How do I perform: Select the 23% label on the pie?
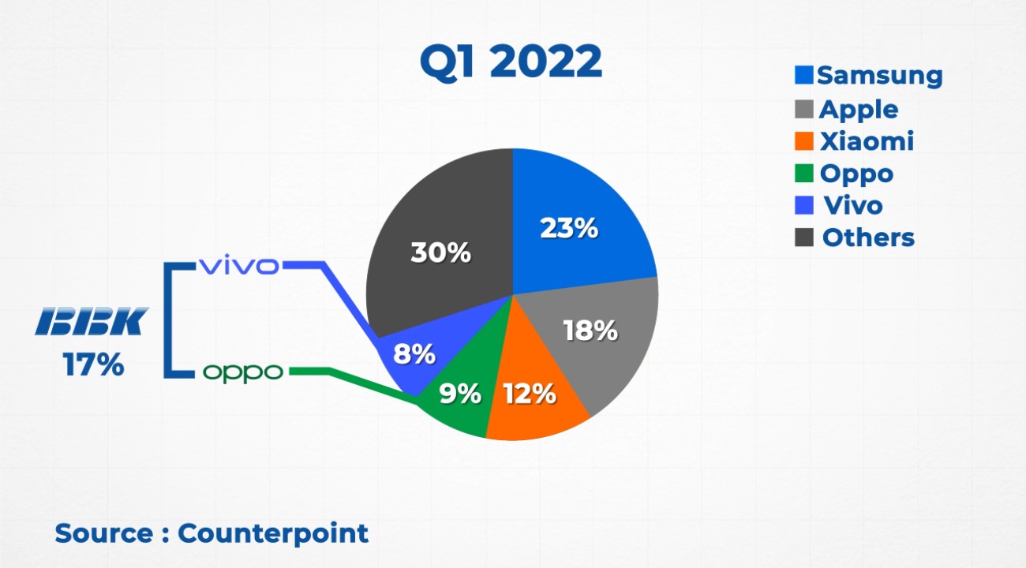pos(568,228)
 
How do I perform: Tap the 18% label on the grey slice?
pos(590,331)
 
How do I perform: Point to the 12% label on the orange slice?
pos(529,393)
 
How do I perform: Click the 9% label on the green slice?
pos(459,393)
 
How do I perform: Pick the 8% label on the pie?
pos(414,354)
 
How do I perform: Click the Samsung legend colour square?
pos(804,75)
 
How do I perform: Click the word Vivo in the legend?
pos(853,205)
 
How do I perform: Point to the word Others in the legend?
pos(868,237)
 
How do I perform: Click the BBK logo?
pos(92,322)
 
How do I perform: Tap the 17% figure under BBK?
pos(93,365)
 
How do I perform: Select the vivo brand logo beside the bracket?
pos(238,266)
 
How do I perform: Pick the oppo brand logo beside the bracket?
pos(242,372)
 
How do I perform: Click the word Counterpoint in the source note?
pos(273,533)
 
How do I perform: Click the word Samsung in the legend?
pos(880,76)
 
